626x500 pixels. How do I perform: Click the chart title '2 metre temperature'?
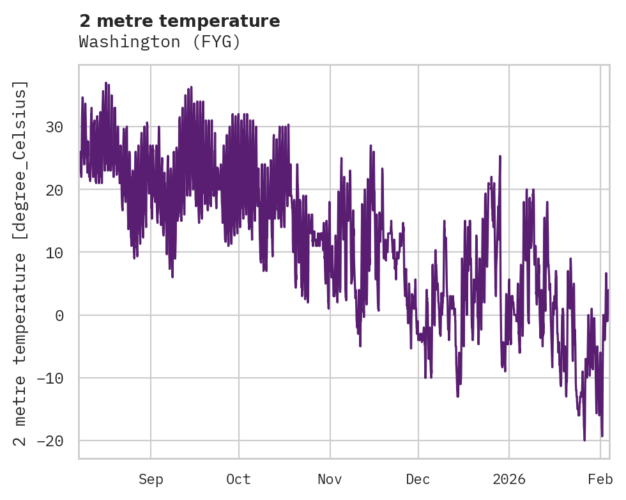click(179, 21)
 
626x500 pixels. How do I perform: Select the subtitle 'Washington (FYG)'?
click(160, 42)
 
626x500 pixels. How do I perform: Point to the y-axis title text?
click(22, 263)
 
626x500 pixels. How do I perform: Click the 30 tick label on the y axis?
click(56, 127)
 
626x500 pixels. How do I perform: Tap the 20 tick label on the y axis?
click(56, 190)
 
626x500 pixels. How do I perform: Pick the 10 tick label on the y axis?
click(56, 253)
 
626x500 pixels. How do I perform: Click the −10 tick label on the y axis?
click(51, 378)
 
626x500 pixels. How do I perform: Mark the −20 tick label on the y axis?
click(51, 441)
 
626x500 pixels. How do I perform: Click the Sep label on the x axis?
click(151, 479)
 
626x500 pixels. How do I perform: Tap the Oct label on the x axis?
click(238, 479)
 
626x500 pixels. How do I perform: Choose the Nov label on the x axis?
click(330, 479)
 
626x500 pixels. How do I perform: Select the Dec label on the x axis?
click(418, 479)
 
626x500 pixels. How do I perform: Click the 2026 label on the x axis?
click(509, 479)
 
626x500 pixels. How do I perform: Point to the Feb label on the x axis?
click(600, 479)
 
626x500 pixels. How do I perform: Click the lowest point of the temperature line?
click(584, 440)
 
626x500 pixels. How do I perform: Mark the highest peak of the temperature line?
click(105, 82)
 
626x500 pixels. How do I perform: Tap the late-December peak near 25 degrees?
click(500, 156)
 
